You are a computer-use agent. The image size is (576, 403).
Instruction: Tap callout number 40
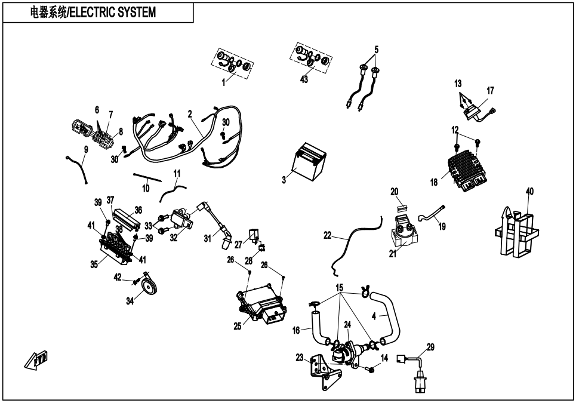(x=529, y=192)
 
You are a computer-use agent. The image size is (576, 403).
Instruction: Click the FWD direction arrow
(x=36, y=360)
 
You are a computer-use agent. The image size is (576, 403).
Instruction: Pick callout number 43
(x=304, y=80)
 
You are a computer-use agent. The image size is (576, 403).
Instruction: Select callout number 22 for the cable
(x=327, y=236)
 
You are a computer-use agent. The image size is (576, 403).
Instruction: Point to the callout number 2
(x=190, y=113)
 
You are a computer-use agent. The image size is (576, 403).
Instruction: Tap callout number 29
(x=430, y=347)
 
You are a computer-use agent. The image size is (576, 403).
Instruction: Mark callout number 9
(x=86, y=149)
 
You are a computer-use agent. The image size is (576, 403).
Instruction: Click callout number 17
(x=491, y=91)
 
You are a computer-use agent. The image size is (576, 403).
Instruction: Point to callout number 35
(x=94, y=265)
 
